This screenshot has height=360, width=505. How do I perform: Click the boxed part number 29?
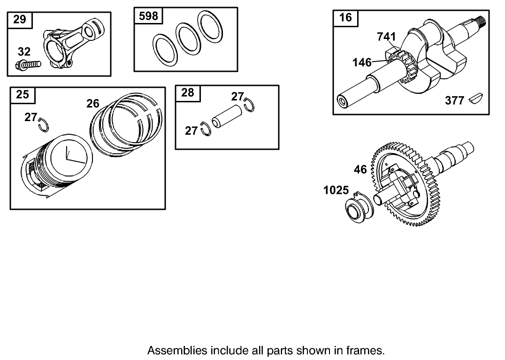click(x=20, y=20)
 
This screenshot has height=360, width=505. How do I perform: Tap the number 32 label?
click(x=24, y=52)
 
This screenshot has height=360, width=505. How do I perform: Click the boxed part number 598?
click(x=148, y=16)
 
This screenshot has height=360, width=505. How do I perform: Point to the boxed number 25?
click(x=23, y=94)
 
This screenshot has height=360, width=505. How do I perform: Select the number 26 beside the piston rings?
click(x=93, y=104)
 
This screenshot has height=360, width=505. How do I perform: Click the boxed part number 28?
click(x=187, y=92)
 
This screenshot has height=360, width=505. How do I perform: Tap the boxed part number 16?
click(x=345, y=17)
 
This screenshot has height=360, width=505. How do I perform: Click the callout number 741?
click(x=386, y=37)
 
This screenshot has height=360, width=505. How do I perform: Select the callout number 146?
click(x=362, y=62)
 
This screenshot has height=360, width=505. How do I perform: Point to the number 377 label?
click(x=454, y=100)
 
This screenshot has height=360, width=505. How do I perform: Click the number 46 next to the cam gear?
click(x=360, y=169)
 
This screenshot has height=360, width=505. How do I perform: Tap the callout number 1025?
click(x=336, y=190)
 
